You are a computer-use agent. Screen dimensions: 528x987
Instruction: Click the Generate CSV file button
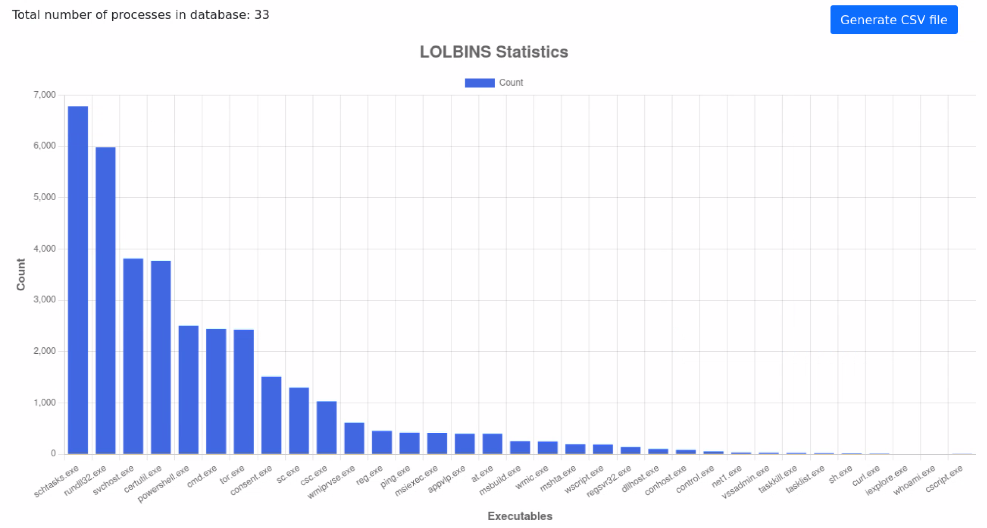(893, 20)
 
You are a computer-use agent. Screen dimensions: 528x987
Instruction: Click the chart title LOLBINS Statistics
(493, 52)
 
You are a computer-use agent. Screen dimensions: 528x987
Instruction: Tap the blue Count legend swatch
(479, 83)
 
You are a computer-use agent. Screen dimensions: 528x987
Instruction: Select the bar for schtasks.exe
(78, 280)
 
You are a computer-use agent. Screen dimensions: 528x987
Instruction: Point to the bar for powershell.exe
(189, 390)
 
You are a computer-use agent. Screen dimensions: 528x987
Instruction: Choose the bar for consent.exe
(271, 415)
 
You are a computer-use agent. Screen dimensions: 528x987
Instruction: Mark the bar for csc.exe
(327, 427)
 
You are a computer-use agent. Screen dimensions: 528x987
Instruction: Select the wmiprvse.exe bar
(354, 438)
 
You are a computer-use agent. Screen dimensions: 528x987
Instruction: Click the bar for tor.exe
(244, 391)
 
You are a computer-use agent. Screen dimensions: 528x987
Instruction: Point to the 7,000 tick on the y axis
(45, 94)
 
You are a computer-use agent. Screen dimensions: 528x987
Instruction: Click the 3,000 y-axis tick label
(45, 300)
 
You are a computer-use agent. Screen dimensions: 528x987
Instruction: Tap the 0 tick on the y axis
(53, 454)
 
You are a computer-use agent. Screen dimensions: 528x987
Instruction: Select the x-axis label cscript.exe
(944, 479)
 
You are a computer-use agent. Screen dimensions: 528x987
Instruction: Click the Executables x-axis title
(520, 516)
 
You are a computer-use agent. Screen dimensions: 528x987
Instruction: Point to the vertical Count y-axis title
(21, 274)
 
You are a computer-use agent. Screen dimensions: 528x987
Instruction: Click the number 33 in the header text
(261, 15)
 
